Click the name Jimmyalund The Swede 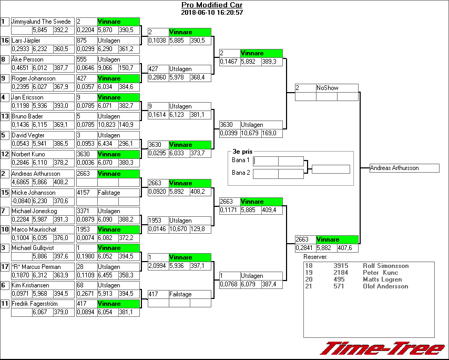35,22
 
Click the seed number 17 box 5,266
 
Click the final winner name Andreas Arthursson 394,168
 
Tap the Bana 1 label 241,160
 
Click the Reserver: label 315,257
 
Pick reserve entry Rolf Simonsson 385,266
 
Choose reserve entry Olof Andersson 385,286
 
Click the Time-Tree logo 382,348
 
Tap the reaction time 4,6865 21,182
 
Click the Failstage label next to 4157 109,193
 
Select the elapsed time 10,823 107,125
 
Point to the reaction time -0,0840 21,201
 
